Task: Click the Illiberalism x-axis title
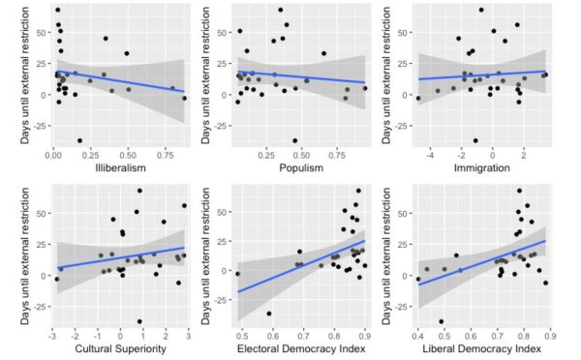(x=120, y=167)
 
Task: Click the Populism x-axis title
(x=301, y=167)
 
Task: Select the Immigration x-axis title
(x=481, y=167)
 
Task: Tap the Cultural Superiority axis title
(x=120, y=348)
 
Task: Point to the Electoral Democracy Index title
(x=301, y=348)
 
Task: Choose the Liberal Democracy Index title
(x=481, y=348)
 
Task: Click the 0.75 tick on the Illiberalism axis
(x=165, y=155)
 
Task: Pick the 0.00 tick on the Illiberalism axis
(x=53, y=155)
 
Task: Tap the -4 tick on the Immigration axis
(x=430, y=155)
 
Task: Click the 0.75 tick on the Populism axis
(x=338, y=155)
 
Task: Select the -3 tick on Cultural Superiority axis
(x=52, y=336)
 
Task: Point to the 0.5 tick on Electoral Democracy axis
(x=242, y=336)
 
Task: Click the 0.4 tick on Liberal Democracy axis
(x=418, y=336)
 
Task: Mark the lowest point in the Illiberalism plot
(x=79, y=140)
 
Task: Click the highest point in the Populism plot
(x=281, y=10)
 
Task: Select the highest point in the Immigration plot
(x=481, y=10)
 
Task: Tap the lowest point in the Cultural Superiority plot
(x=139, y=321)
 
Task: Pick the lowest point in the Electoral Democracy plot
(x=269, y=314)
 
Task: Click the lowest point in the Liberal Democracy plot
(x=442, y=321)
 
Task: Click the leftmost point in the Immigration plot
(x=418, y=98)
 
